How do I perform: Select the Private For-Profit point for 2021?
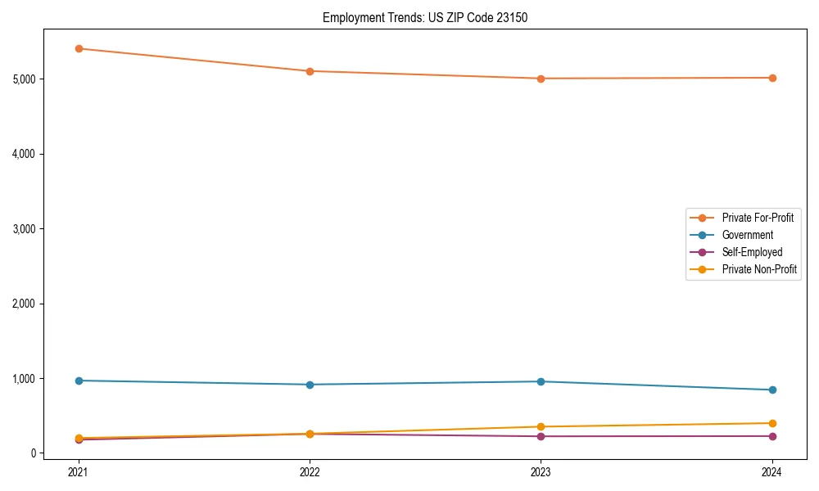coord(79,48)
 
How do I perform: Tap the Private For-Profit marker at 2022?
coord(310,71)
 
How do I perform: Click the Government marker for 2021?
coord(79,381)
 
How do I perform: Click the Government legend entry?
coord(747,235)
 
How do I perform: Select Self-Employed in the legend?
coord(752,252)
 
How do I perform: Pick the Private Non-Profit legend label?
coord(759,269)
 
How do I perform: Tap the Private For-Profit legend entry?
coord(758,218)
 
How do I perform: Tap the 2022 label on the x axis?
coord(310,471)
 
